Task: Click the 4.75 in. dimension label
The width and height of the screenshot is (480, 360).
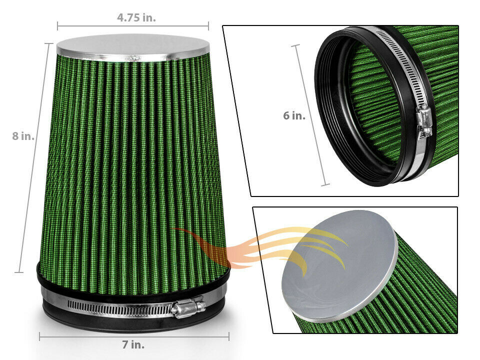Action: tap(136, 17)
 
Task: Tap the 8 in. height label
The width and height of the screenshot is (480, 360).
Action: tap(23, 135)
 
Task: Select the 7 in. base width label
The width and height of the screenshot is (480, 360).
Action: tap(133, 344)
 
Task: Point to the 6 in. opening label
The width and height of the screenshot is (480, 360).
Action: tap(294, 115)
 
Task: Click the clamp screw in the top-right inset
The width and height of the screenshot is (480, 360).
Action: tap(424, 121)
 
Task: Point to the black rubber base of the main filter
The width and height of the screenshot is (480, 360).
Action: tap(133, 318)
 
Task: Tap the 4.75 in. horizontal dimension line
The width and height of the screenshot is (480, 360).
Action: tap(133, 26)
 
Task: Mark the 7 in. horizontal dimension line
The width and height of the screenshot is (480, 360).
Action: tap(134, 336)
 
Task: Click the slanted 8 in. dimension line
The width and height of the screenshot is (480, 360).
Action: tap(33, 158)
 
